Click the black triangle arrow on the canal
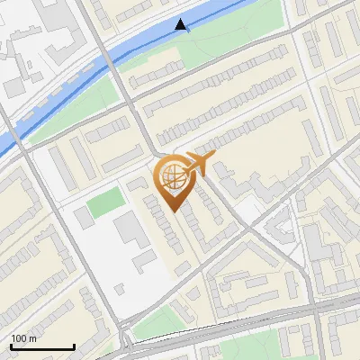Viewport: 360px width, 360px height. click(183, 25)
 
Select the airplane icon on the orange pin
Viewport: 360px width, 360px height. click(197, 164)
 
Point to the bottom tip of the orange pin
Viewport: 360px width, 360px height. click(174, 211)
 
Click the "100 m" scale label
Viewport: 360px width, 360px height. click(23, 338)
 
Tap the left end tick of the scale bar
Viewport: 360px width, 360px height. click(11, 345)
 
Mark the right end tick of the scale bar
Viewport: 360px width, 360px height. click(74, 345)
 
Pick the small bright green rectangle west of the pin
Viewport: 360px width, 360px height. click(104, 200)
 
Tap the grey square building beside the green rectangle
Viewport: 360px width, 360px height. click(84, 217)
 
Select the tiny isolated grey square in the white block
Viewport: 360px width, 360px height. click(121, 289)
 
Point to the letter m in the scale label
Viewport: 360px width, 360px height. click(32, 338)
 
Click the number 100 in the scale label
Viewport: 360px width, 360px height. click(19, 338)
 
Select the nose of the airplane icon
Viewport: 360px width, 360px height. click(215, 157)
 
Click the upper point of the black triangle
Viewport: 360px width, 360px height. click(183, 19)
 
